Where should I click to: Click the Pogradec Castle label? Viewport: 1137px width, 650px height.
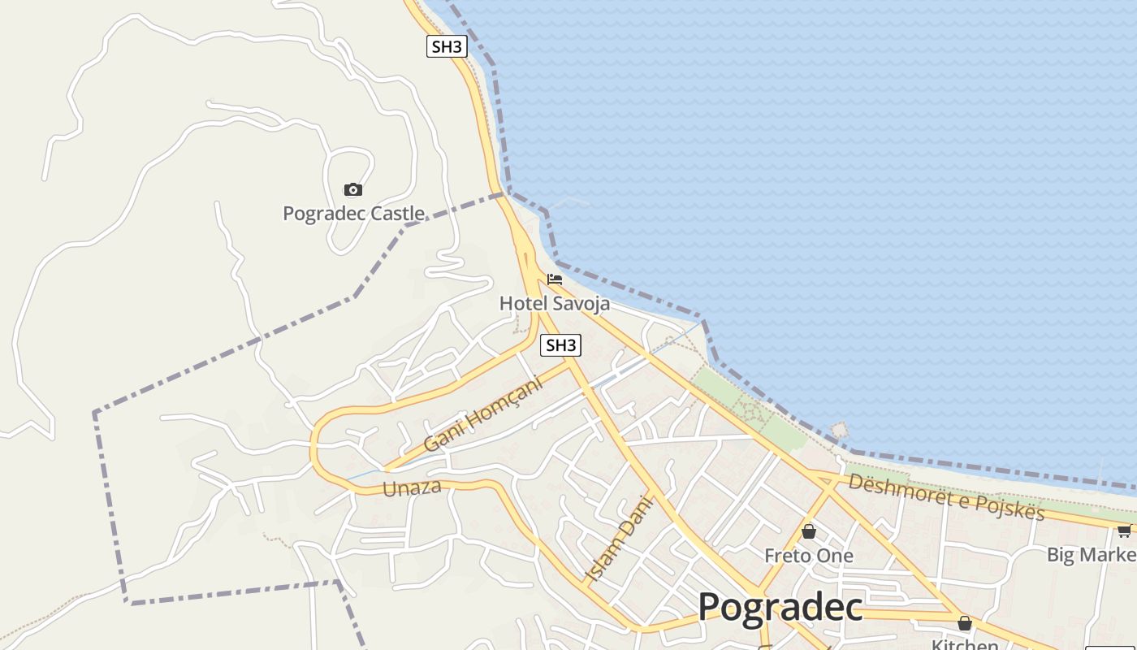pos(353,214)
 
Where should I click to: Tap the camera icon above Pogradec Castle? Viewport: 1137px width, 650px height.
pos(353,190)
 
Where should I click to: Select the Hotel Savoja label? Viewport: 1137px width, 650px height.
pos(554,303)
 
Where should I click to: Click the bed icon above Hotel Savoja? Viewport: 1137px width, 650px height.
pos(555,279)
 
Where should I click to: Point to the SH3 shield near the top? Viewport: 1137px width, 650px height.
pos(447,46)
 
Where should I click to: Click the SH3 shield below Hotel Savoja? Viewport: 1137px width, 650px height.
pos(560,345)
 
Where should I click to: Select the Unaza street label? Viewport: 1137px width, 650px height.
pos(412,487)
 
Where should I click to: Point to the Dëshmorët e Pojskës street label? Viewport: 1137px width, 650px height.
pos(946,496)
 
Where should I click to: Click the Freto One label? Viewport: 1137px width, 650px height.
pos(809,556)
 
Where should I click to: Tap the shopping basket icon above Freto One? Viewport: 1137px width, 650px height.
pos(809,532)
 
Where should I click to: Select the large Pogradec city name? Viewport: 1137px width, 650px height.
pos(780,607)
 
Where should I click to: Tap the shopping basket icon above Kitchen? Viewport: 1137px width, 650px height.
pos(965,624)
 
